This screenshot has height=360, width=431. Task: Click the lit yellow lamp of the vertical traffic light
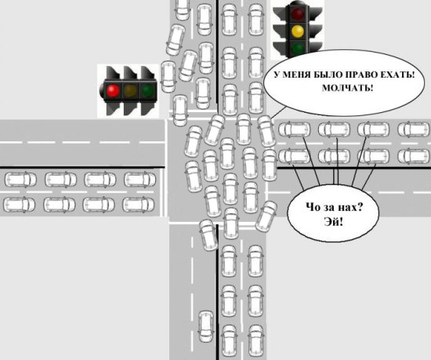point(298,31)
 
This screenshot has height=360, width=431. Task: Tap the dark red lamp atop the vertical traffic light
point(298,13)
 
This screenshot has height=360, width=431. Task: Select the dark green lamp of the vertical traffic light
point(298,48)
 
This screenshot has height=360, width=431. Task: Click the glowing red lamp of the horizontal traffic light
point(113,90)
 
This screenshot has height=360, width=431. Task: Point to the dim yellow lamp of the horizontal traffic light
point(130,90)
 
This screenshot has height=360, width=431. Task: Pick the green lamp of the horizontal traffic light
point(147,90)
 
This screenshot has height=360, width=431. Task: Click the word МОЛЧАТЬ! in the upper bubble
point(348,88)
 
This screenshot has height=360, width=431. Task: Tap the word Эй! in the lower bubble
point(333,221)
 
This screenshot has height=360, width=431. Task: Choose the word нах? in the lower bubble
point(349,207)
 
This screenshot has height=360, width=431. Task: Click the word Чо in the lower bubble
point(313,207)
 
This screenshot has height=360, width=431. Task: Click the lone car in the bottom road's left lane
point(206,327)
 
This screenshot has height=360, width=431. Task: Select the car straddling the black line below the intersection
point(208,235)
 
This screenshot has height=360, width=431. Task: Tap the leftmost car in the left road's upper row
point(20,180)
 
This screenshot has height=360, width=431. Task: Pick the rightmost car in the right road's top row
point(415,129)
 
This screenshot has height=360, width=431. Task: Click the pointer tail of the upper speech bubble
point(278,112)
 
